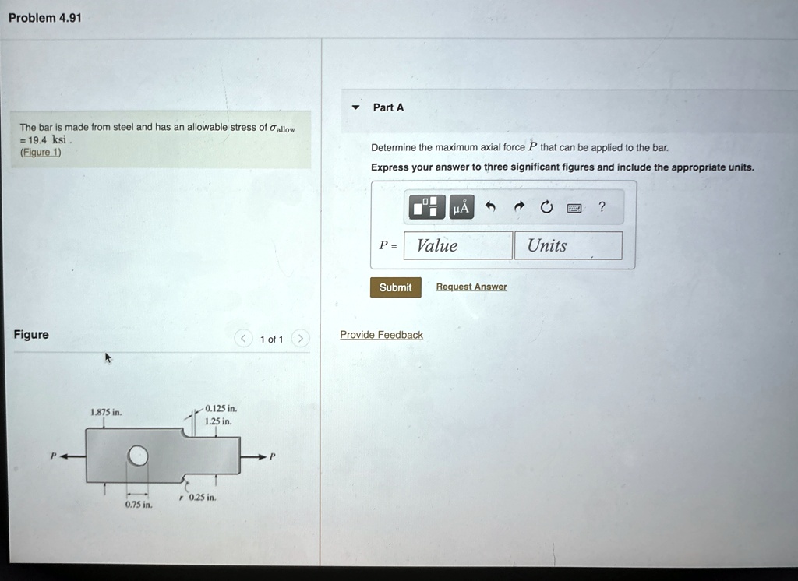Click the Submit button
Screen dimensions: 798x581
(395, 287)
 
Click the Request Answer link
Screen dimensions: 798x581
(471, 287)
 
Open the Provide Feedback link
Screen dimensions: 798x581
(381, 335)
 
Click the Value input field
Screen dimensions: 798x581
(458, 246)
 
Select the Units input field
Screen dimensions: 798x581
(568, 246)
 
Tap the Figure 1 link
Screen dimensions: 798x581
(41, 152)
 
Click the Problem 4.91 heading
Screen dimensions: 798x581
(44, 19)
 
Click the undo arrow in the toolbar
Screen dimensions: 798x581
(490, 206)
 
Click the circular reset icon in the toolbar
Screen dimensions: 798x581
(546, 206)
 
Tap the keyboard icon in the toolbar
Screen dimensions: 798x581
(574, 208)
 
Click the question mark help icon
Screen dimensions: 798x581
(602, 206)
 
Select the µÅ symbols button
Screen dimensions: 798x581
(461, 207)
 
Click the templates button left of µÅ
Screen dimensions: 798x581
(426, 207)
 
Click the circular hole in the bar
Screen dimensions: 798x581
(137, 456)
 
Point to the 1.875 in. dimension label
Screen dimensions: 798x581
(106, 412)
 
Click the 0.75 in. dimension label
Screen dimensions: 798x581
(139, 505)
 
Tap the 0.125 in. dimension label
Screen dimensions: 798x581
(221, 409)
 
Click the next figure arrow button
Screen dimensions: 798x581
(301, 338)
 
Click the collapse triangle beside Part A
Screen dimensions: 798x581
(355, 107)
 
